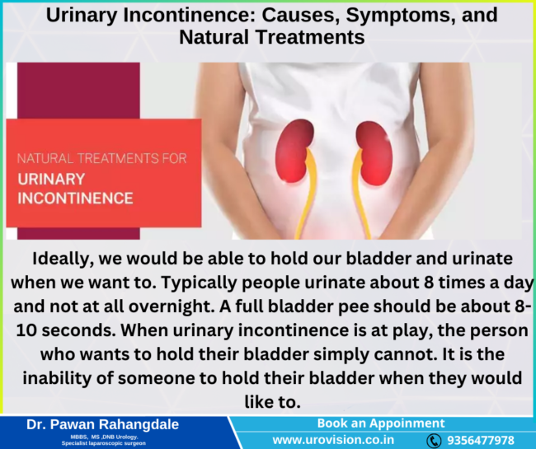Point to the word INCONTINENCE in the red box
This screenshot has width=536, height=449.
pos(75,199)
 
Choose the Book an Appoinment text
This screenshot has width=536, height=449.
pos(380,423)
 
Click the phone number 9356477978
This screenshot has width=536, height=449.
pos(482,441)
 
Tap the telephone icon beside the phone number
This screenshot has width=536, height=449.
pos(434,441)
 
